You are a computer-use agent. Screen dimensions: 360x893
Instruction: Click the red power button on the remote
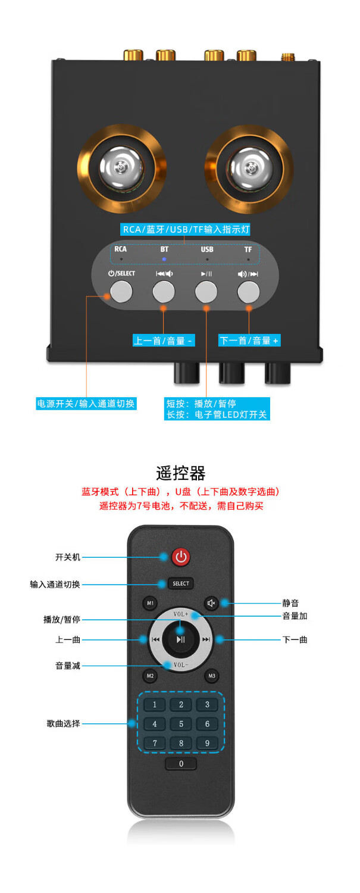tap(181, 557)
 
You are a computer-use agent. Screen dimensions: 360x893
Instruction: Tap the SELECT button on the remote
tap(180, 583)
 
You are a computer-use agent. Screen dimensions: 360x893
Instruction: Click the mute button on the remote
tap(211, 603)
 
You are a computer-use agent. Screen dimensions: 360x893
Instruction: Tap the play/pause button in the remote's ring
tap(180, 640)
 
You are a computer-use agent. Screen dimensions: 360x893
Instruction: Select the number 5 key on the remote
tap(181, 724)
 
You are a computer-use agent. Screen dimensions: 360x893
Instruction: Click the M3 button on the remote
tap(211, 676)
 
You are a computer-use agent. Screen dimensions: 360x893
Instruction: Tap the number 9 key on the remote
tap(207, 743)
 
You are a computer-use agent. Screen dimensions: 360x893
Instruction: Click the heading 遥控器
tap(180, 473)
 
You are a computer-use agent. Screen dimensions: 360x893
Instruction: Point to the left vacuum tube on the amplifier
tap(121, 162)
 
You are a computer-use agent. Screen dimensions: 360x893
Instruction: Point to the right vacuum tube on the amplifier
tap(249, 162)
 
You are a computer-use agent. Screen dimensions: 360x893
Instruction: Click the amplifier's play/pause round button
tap(206, 292)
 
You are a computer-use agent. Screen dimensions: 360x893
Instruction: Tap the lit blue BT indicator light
tap(164, 260)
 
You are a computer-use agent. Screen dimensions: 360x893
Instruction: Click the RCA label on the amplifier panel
tap(121, 249)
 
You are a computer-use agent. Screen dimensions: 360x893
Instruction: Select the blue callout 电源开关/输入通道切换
tap(86, 403)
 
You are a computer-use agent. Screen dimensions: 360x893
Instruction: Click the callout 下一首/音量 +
tap(249, 341)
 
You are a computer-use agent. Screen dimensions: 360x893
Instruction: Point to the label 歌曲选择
tap(63, 724)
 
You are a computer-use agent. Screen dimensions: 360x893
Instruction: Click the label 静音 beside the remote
tap(290, 603)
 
